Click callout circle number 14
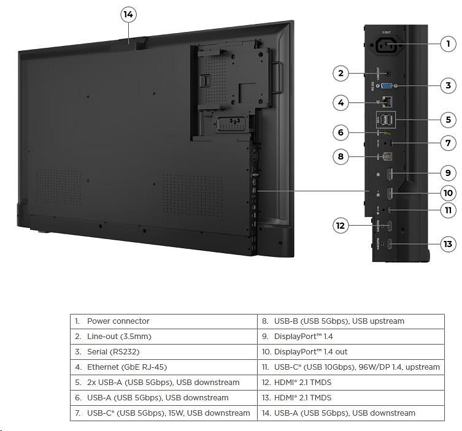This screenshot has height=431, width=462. click(128, 15)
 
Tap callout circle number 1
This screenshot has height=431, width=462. click(448, 44)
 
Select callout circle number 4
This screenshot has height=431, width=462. click(341, 102)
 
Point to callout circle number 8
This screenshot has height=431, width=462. click(341, 156)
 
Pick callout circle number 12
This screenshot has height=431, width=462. click(341, 225)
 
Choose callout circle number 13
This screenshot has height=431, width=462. click(448, 244)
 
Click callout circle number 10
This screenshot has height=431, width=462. click(448, 193)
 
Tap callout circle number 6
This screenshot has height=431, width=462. click(341, 132)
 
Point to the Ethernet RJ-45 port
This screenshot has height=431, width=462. click(387, 102)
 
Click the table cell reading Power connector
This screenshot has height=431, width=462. click(163, 321)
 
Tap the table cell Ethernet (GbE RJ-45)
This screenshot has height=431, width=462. click(163, 367)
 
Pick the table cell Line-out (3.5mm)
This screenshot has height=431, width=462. click(163, 337)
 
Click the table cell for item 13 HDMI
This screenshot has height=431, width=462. click(350, 398)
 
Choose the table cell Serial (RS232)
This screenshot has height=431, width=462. click(163, 352)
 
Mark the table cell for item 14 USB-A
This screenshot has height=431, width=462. click(350, 413)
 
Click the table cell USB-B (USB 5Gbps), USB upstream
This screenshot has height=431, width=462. click(350, 321)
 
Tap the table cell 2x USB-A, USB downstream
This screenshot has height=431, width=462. click(163, 383)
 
